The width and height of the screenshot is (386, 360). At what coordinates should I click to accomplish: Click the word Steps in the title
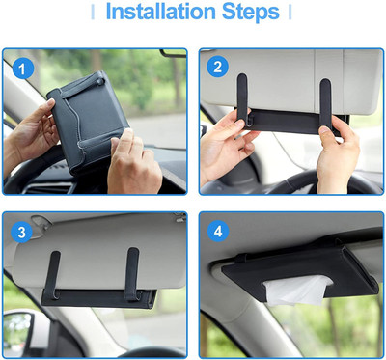coord(255,14)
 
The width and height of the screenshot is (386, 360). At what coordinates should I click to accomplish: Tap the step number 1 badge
coord(25,69)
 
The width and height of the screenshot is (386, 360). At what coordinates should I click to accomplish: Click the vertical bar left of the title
coord(94,14)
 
